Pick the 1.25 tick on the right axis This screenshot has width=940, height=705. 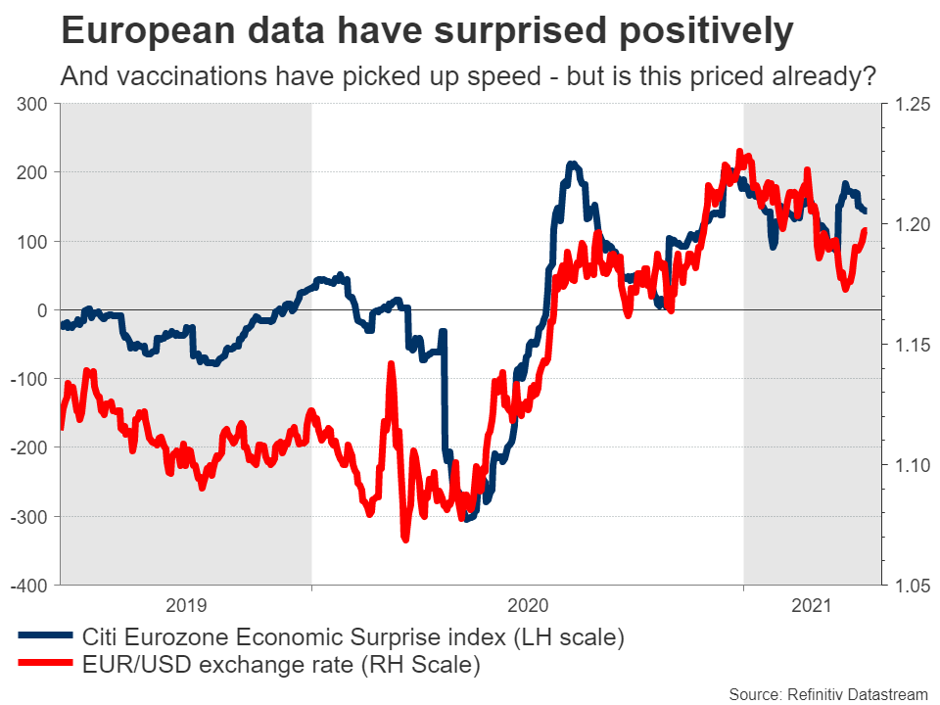pyautogui.click(x=907, y=104)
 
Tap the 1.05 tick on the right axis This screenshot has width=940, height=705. pyautogui.click(x=907, y=586)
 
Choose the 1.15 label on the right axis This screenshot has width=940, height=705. pyautogui.click(x=907, y=345)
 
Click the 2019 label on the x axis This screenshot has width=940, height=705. pyautogui.click(x=186, y=605)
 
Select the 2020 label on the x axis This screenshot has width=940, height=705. pyautogui.click(x=528, y=605)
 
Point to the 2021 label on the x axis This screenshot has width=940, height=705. pyautogui.click(x=812, y=605)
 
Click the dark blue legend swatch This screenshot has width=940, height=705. pyautogui.click(x=45, y=637)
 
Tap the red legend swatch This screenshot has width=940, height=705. pyautogui.click(x=45, y=666)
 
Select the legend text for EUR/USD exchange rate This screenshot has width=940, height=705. pyautogui.click(x=282, y=666)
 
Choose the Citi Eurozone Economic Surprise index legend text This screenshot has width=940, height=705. pyautogui.click(x=353, y=637)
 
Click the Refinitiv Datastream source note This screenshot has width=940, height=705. pyautogui.click(x=827, y=693)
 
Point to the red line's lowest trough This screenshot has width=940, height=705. pyautogui.click(x=404, y=539)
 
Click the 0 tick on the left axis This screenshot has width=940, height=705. pyautogui.click(x=41, y=310)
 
